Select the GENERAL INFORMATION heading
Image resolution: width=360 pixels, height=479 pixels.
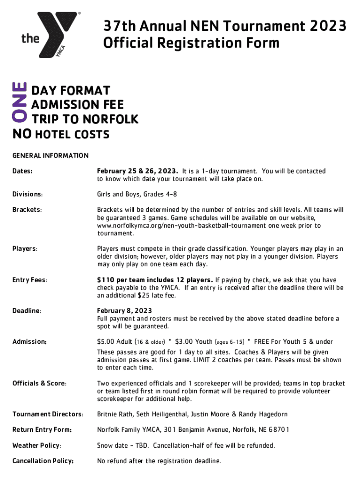(x=50, y=155)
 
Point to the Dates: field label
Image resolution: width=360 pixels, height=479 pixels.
(x=22, y=171)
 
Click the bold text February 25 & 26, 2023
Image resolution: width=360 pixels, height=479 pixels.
(x=137, y=171)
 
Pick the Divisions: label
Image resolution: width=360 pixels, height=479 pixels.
(x=28, y=194)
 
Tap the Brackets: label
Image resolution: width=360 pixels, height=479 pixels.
(x=27, y=210)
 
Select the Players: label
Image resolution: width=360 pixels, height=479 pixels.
(x=25, y=249)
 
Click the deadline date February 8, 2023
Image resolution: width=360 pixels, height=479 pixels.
(x=124, y=311)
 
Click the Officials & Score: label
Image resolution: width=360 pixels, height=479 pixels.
(x=39, y=384)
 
